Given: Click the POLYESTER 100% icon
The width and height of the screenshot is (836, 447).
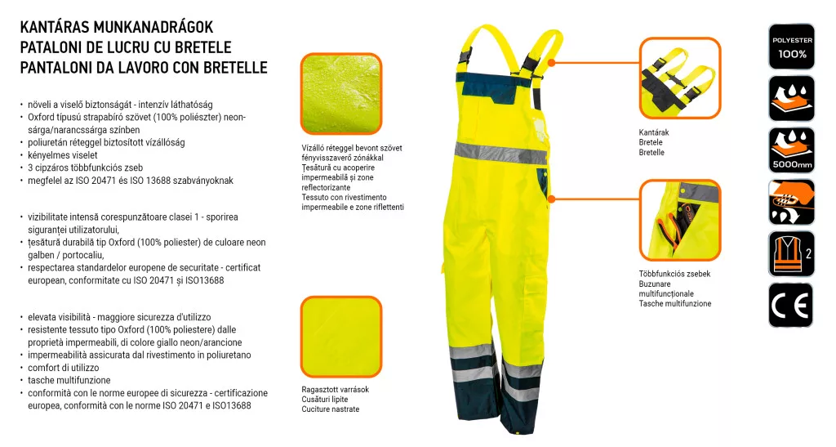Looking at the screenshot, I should pos(791,47).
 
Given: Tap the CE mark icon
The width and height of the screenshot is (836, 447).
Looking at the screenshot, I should pos(791,306).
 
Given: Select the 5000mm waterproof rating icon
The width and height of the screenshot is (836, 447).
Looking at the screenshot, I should pos(791,150).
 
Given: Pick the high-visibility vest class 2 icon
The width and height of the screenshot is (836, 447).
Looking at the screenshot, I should pos(791,253).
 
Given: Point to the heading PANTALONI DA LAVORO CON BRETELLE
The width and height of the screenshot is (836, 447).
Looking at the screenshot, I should pos(144,68).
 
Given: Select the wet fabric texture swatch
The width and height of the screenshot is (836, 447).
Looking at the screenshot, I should pos(340,94).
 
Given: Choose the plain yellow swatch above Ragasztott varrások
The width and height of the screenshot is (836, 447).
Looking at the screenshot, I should pos(340,336).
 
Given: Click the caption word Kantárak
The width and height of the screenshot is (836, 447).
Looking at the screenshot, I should pos(654,132).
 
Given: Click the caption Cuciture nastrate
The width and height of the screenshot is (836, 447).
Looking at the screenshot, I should pos(330,409).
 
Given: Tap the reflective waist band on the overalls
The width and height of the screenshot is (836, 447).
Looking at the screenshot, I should pos(500,153).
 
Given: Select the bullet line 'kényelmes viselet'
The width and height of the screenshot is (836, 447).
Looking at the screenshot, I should pos(63,154).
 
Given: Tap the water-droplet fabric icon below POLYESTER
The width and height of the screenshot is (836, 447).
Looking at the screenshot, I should pos(791,98).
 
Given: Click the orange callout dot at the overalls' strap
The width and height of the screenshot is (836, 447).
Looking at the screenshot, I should pos(552,61).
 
